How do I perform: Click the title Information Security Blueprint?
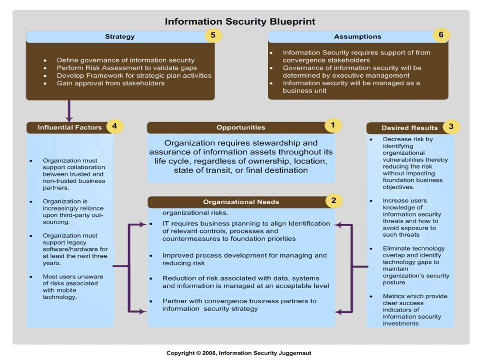240,21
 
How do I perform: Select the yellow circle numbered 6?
441,35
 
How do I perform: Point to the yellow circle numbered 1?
333,125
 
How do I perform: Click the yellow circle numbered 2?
334,200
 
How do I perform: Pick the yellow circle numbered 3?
451,127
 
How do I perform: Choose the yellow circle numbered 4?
114,127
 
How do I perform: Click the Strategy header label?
120,36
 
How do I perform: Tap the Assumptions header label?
357,36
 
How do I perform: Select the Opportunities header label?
240,128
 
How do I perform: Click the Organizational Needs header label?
241,202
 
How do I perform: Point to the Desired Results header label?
409,128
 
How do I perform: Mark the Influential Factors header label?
70,128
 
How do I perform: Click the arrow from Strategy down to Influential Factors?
69,111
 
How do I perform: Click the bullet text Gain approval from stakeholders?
111,83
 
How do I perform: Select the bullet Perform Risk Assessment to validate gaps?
127,68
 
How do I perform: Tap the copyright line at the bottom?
240,353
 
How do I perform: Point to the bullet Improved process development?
244,259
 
